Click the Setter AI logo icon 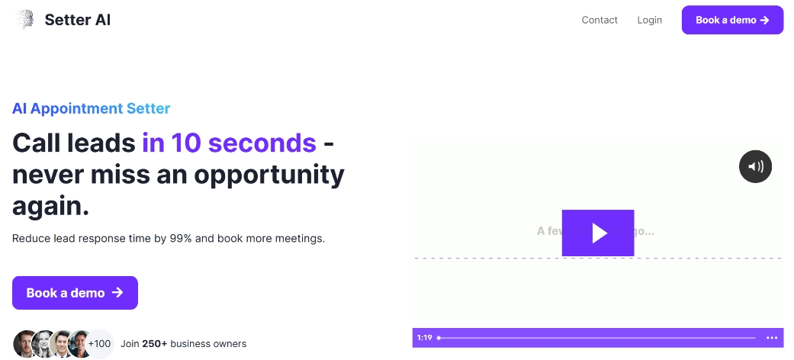pyautogui.click(x=25, y=20)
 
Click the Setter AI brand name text pyautogui.click(x=78, y=21)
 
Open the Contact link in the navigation pyautogui.click(x=600, y=20)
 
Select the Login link pyautogui.click(x=650, y=20)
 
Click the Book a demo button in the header pyautogui.click(x=732, y=20)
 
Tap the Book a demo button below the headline pyautogui.click(x=75, y=293)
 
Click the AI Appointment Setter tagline pyautogui.click(x=92, y=108)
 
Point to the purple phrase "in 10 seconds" pyautogui.click(x=229, y=143)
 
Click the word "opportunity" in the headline pyautogui.click(x=269, y=175)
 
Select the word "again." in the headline pyautogui.click(x=51, y=205)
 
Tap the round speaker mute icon pyautogui.click(x=756, y=166)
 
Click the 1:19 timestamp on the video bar pyautogui.click(x=425, y=338)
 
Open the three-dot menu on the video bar pyautogui.click(x=772, y=338)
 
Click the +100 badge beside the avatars pyautogui.click(x=100, y=344)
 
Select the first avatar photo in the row pyautogui.click(x=25, y=344)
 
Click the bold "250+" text pyautogui.click(x=155, y=344)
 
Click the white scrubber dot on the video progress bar pyautogui.click(x=439, y=338)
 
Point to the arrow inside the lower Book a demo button pyautogui.click(x=117, y=293)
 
